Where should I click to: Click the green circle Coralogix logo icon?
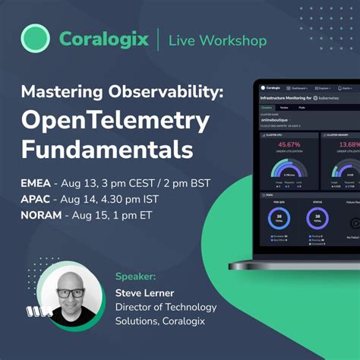point(35,38)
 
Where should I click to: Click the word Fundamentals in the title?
point(107,149)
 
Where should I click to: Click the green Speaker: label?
point(137,276)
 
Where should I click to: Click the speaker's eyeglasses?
point(71,293)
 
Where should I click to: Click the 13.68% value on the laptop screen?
point(347,144)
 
